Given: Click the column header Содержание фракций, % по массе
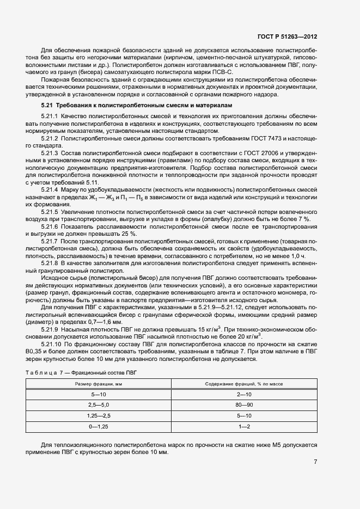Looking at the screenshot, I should tap(244, 384).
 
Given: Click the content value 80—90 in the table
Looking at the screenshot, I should tap(244, 405).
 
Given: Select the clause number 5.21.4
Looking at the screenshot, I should tap(51, 188).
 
